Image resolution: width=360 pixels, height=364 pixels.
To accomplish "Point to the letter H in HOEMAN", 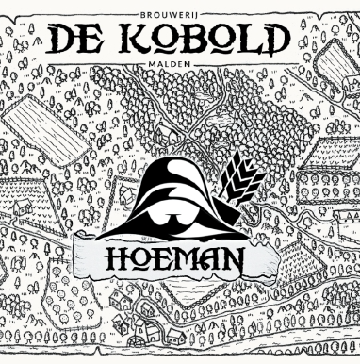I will point(116,256).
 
